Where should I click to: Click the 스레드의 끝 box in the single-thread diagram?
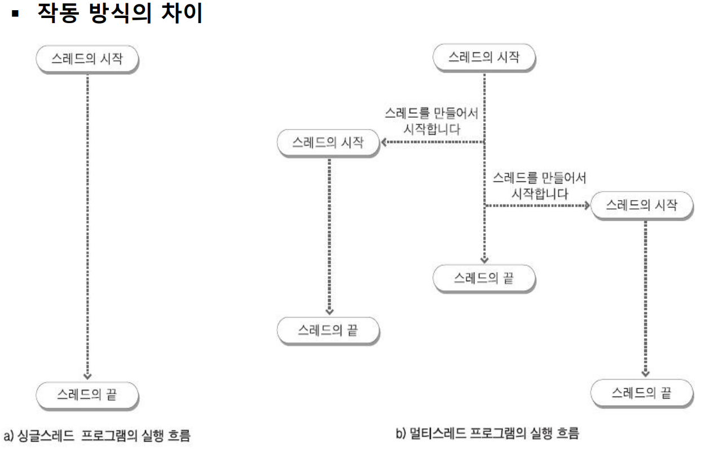(x=87, y=394)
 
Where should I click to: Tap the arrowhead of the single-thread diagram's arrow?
(x=87, y=375)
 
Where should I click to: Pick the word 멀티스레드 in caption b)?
(x=434, y=434)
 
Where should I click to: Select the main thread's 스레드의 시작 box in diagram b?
(x=483, y=57)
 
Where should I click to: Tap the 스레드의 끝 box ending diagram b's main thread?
(x=483, y=279)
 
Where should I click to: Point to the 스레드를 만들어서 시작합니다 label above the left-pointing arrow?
(x=431, y=121)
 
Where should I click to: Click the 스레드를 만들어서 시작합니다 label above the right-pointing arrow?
(x=539, y=185)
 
